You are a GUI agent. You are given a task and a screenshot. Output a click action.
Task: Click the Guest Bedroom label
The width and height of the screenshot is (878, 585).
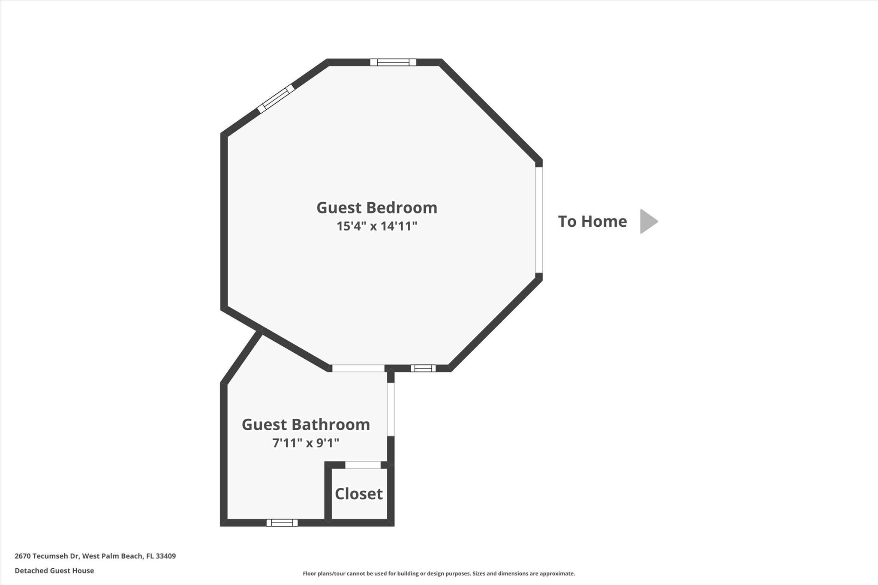click(377, 208)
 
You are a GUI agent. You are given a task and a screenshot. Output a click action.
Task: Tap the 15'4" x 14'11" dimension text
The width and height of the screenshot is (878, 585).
click(377, 226)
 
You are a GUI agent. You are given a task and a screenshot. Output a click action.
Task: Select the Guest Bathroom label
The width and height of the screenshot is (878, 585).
click(306, 425)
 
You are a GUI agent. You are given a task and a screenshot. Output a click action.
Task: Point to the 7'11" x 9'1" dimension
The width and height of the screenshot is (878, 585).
click(306, 443)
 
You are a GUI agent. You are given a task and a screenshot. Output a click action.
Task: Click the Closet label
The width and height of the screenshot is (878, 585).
click(358, 494)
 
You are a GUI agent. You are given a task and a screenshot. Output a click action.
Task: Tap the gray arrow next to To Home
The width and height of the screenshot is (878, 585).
click(648, 222)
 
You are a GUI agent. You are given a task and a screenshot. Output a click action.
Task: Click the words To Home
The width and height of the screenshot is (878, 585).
click(592, 222)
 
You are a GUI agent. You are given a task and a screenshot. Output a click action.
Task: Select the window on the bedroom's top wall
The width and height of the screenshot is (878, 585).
click(393, 62)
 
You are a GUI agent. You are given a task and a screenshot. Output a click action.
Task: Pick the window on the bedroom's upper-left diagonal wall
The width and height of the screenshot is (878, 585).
click(276, 99)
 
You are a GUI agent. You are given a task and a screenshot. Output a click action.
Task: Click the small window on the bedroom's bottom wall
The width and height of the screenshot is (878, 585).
click(423, 368)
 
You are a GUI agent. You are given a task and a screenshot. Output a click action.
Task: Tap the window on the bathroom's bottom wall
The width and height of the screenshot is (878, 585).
click(282, 522)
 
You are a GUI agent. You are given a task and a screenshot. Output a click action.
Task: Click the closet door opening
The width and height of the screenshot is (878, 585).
click(363, 465)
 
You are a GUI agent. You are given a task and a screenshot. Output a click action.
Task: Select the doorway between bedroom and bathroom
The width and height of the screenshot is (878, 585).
click(358, 368)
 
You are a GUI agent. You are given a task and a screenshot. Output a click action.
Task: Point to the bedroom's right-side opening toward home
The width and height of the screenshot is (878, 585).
click(539, 220)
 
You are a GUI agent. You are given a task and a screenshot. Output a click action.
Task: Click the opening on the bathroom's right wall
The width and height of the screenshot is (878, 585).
click(391, 409)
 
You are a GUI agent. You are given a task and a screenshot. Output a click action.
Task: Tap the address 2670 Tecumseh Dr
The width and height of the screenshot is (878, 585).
click(47, 556)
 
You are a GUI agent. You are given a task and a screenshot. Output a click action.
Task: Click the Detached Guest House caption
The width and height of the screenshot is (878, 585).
click(54, 571)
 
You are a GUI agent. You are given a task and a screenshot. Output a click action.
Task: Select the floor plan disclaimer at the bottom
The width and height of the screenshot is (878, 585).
click(439, 573)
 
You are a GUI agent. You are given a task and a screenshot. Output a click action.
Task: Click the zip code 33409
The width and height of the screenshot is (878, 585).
click(165, 556)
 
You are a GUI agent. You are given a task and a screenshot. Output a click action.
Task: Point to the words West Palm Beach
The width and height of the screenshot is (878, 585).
click(112, 556)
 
